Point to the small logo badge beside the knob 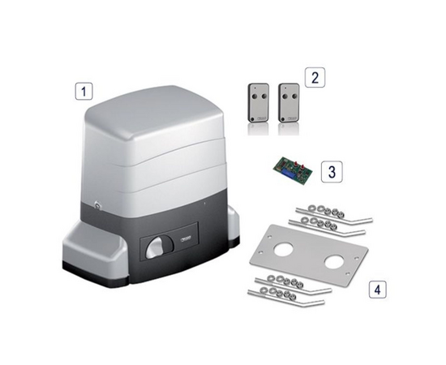(182, 238)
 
